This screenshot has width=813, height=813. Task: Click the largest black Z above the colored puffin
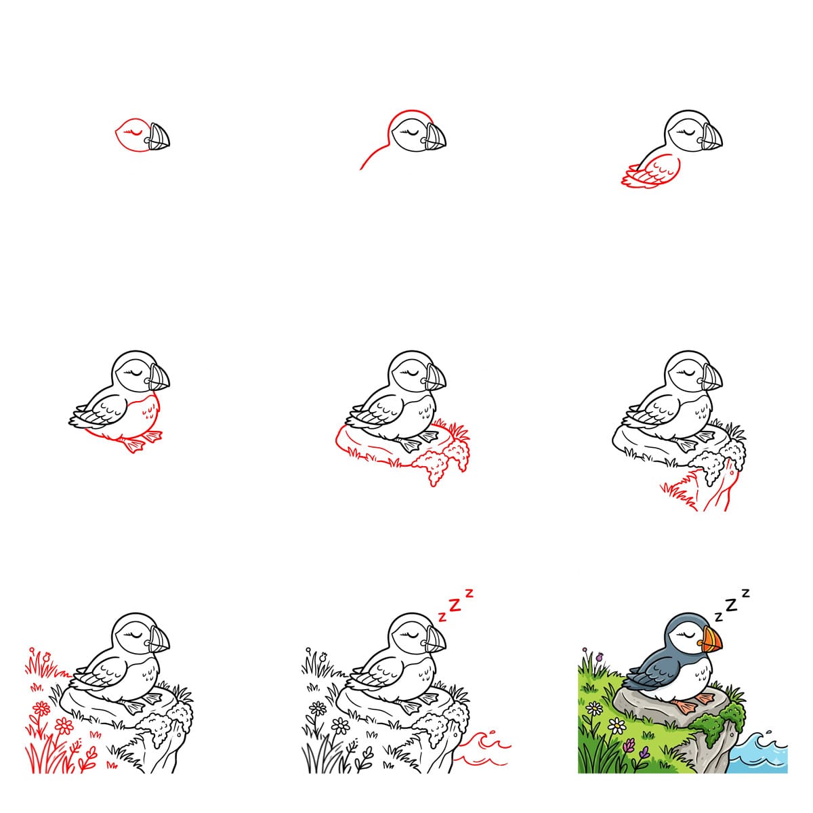point(732,604)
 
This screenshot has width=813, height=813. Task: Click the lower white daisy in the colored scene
point(617,726)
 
